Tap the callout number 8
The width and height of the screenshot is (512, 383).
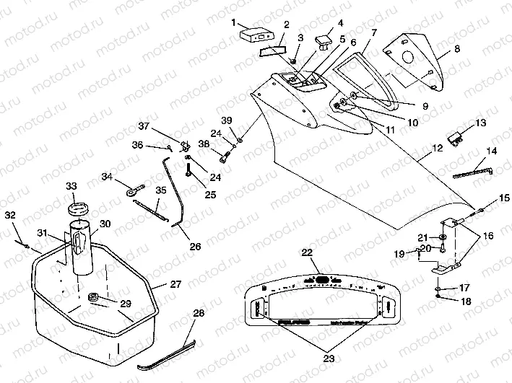pyautogui.click(x=456, y=50)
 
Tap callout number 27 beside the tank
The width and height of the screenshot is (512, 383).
pyautogui.click(x=175, y=284)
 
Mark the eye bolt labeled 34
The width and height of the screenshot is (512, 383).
pyautogui.click(x=132, y=191)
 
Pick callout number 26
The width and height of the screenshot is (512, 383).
pyautogui.click(x=195, y=246)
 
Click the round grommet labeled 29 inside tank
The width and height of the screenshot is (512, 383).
pyautogui.click(x=93, y=296)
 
